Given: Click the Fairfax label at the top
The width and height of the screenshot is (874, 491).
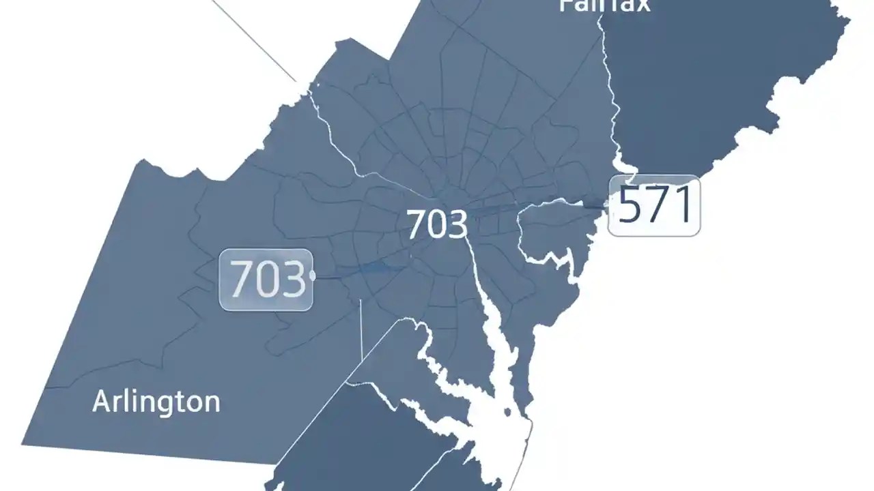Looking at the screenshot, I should coord(604,6).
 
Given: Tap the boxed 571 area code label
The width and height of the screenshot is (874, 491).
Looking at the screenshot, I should coord(654,205).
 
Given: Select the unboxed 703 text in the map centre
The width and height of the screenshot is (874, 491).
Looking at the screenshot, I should coord(437,224).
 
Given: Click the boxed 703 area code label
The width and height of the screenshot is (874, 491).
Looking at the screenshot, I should coord(266,280).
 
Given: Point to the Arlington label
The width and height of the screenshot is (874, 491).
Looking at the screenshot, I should coord(156,402).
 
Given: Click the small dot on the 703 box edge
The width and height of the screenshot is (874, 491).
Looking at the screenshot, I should coord(313,275).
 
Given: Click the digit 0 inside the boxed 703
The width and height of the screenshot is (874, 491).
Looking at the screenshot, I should coord(268,280).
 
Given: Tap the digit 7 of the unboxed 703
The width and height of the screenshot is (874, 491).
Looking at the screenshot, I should coord(416,225).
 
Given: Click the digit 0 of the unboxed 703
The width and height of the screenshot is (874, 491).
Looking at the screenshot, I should coord(436,225).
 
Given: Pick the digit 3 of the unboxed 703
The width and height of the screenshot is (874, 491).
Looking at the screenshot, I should coord(457,225).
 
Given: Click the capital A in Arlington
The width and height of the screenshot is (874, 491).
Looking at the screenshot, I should coord(101,401).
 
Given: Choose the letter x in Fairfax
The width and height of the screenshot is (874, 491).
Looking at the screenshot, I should coord(641,6).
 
